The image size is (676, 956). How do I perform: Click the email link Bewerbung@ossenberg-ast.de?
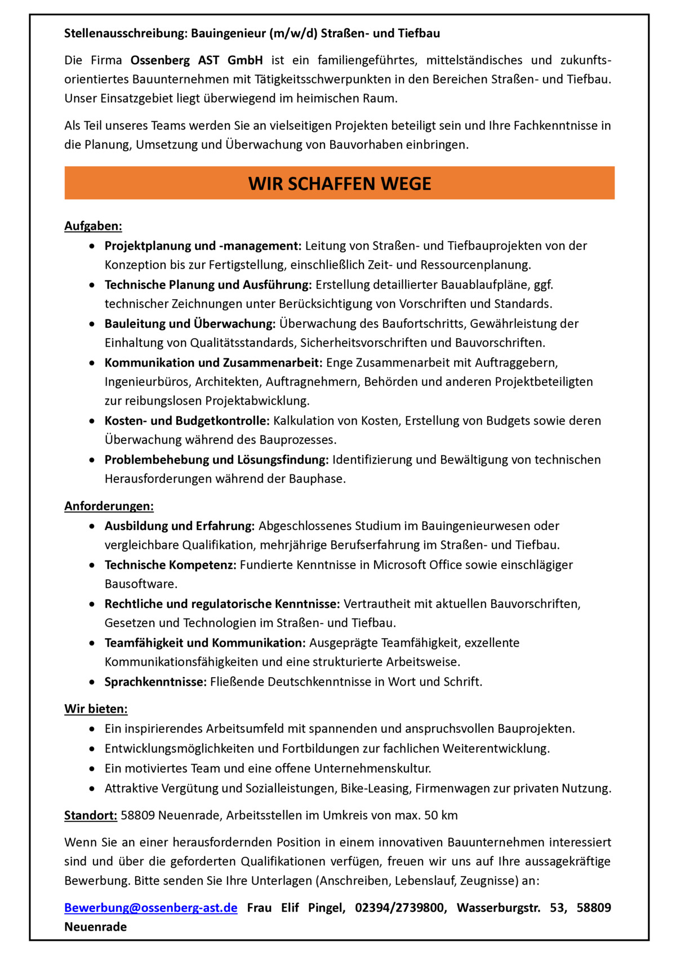click(x=150, y=908)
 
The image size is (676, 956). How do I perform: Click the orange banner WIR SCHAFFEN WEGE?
click(x=339, y=183)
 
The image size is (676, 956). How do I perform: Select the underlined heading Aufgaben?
click(x=93, y=226)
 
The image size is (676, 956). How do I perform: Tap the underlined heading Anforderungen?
click(x=109, y=506)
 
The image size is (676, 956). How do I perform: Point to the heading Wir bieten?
click(x=96, y=709)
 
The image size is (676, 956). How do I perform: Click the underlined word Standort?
click(x=91, y=815)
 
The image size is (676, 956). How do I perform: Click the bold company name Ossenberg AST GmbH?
click(x=197, y=60)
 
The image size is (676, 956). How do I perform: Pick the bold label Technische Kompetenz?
click(x=170, y=564)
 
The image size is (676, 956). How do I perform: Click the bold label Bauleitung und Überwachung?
click(x=190, y=323)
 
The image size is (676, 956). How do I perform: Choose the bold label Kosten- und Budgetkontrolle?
click(x=187, y=421)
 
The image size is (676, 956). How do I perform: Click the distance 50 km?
click(x=441, y=815)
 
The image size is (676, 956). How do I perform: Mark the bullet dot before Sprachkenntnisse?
click(x=92, y=682)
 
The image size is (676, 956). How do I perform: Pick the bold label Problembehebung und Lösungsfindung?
click(x=216, y=460)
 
